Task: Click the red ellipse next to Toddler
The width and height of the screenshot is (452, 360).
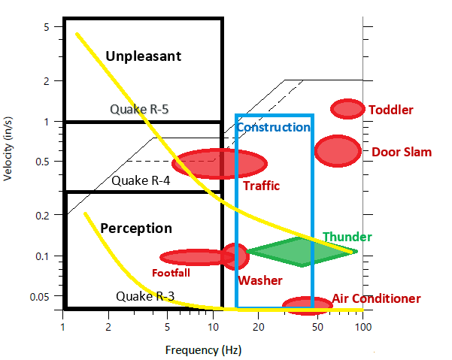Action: pyautogui.click(x=347, y=109)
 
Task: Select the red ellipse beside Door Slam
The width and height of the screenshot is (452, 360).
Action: pyautogui.click(x=338, y=150)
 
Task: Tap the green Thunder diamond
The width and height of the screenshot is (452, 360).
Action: pyautogui.click(x=302, y=252)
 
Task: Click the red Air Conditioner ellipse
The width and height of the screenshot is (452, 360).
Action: pyautogui.click(x=307, y=305)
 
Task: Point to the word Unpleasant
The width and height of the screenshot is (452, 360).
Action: pyautogui.click(x=144, y=56)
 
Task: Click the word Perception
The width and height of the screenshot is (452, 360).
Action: pyautogui.click(x=136, y=228)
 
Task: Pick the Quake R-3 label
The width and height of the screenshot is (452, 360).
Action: pyautogui.click(x=145, y=296)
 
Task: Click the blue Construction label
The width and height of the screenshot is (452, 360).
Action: pyautogui.click(x=273, y=128)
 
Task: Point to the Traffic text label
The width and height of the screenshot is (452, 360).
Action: pyautogui.click(x=261, y=185)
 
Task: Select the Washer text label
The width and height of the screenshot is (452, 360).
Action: pyautogui.click(x=259, y=280)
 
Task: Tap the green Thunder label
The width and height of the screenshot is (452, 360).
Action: pyautogui.click(x=347, y=237)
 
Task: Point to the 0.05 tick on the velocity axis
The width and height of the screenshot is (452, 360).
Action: pyautogui.click(x=42, y=296)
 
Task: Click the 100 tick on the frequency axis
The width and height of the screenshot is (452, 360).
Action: pyautogui.click(x=363, y=328)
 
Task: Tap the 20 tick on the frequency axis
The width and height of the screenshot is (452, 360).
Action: pyautogui.click(x=259, y=328)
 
